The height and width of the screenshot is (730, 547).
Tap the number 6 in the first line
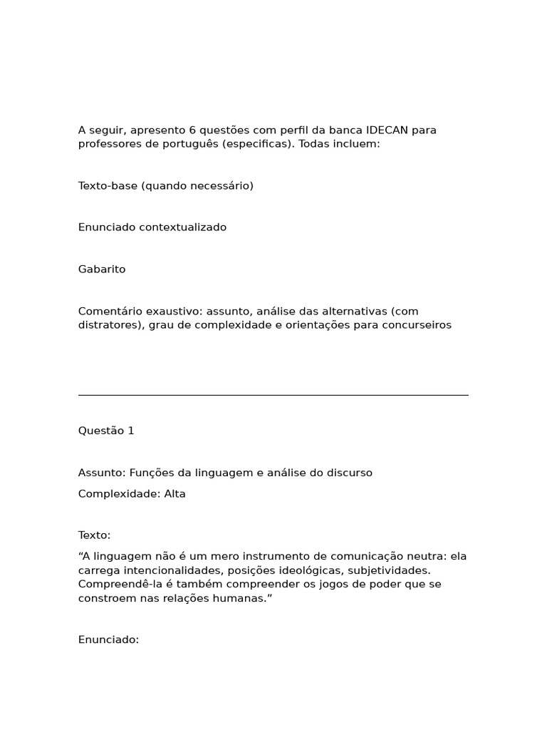[x=192, y=130]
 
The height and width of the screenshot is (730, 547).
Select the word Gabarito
[x=102, y=269]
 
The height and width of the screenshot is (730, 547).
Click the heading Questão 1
[x=106, y=431]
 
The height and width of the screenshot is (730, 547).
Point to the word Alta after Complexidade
[x=175, y=493]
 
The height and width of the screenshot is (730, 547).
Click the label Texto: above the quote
[x=95, y=535]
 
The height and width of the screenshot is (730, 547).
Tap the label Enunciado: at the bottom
[x=108, y=639]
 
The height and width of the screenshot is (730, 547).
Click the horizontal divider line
[x=273, y=395]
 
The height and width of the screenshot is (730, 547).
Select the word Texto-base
[x=108, y=186]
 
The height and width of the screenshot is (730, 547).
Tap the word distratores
[x=108, y=325]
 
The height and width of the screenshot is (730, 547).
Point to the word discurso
[x=348, y=473]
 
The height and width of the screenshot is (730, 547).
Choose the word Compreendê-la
[x=116, y=584]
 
